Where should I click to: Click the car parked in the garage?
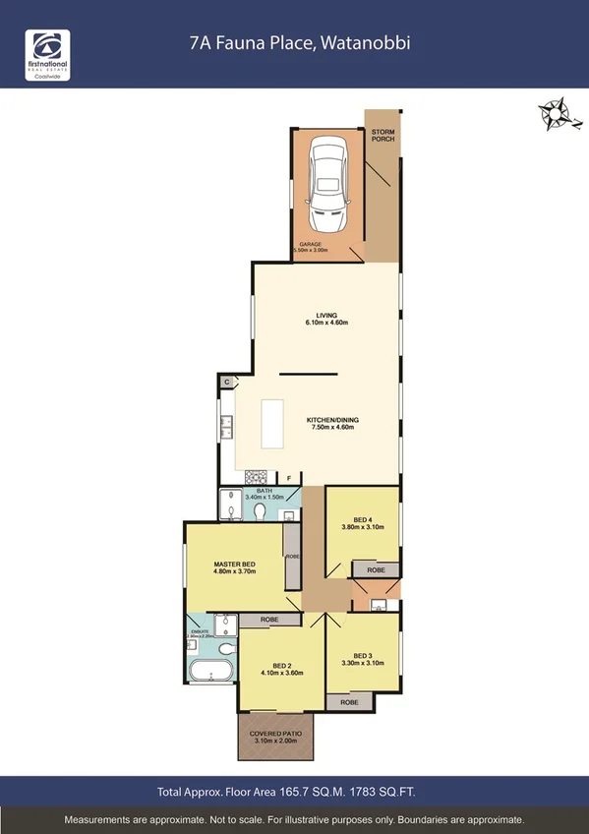327,184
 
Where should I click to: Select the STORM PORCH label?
383,135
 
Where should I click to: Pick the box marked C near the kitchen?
226,382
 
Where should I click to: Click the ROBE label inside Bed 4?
376,569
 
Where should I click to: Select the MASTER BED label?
234,565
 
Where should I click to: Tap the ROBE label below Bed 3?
349,702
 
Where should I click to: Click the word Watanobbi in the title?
369,44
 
